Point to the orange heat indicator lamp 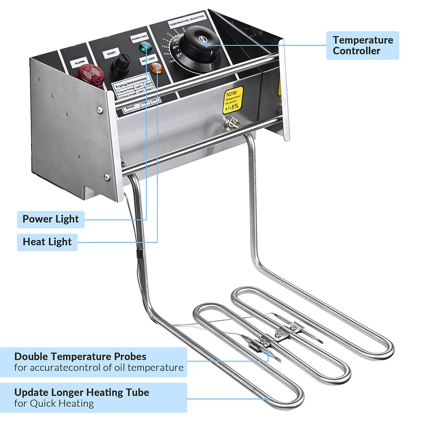pyautogui.click(x=157, y=67)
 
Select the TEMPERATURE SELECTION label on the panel pyautogui.click(x=187, y=22)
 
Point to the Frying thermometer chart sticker pyautogui.click(x=133, y=90)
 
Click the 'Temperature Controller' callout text pyautogui.click(x=362, y=46)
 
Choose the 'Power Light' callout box pyautogui.click(x=50, y=219)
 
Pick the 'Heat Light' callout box pyautogui.click(x=47, y=242)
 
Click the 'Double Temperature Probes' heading pyautogui.click(x=80, y=357)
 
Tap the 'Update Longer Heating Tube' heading pyautogui.click(x=81, y=392)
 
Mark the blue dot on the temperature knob pyautogui.click(x=206, y=44)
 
